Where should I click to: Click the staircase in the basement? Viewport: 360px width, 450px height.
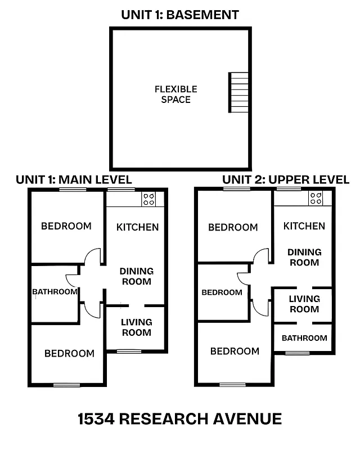tap(238, 92)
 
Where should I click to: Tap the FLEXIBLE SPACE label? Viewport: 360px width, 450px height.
tap(175, 94)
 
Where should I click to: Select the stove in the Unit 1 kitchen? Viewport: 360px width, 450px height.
tap(148, 199)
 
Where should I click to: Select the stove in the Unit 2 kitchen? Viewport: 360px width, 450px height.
tap(316, 198)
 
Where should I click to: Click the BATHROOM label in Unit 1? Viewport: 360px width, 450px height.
tap(55, 292)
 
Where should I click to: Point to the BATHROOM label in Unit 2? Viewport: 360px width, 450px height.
tap(304, 338)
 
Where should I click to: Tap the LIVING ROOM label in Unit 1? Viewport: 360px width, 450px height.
tap(137, 327)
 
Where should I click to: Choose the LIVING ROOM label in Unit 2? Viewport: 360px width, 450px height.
tap(304, 304)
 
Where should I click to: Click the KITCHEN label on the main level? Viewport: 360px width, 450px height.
tap(137, 227)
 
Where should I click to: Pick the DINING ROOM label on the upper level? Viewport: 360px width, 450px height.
tap(304, 257)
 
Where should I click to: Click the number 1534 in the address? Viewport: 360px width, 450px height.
tap(96, 419)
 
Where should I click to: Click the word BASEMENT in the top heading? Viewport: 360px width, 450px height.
tap(204, 15)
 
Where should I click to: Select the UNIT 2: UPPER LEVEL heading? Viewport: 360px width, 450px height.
tap(286, 179)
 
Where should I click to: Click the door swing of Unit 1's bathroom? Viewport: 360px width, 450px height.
tap(73, 280)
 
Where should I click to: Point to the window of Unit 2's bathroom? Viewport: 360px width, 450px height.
tap(297, 353)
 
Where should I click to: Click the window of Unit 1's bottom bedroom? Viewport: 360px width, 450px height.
tap(67, 385)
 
